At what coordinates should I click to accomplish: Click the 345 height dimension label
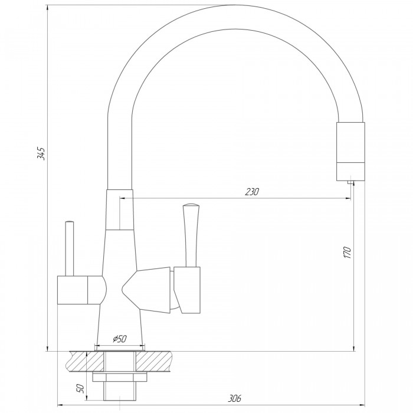point(41,154)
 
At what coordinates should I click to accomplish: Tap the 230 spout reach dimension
point(252,192)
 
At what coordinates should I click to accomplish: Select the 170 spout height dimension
point(348,253)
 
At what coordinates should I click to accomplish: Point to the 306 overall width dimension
point(234,398)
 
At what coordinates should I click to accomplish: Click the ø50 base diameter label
point(120,339)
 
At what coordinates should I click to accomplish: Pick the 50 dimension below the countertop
point(80,389)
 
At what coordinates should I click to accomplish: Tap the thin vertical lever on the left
point(70,248)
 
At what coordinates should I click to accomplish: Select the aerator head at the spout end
point(350,152)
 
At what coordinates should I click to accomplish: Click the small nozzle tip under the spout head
point(350,182)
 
